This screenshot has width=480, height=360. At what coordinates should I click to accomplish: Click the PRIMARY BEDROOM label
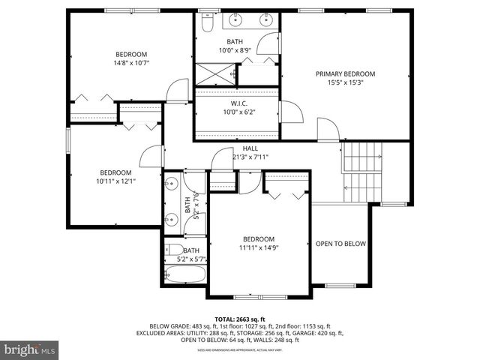click(x=344, y=73)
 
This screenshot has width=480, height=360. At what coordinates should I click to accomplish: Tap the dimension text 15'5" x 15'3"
click(x=344, y=82)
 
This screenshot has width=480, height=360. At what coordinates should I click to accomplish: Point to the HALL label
click(x=250, y=148)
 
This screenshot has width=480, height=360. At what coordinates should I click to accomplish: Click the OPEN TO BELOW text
click(x=340, y=244)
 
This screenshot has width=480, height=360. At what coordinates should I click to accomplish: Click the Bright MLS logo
click(x=30, y=349)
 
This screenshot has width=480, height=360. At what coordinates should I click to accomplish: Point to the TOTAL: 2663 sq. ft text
click(x=239, y=319)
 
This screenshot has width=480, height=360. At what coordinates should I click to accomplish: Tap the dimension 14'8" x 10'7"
click(x=131, y=63)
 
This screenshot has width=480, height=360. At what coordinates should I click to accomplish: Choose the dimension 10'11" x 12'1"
click(x=116, y=181)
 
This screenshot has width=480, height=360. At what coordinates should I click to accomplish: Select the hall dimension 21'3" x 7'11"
click(x=250, y=157)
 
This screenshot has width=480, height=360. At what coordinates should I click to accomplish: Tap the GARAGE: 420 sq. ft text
click(x=316, y=333)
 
